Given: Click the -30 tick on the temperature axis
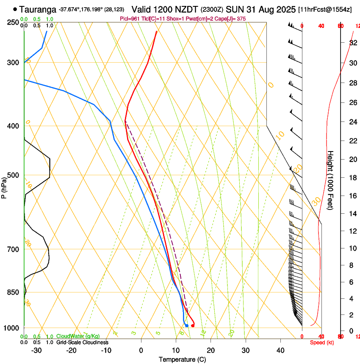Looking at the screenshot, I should pyautogui.click(x=37, y=350).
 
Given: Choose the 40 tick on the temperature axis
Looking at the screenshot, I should pyautogui.click(x=280, y=350).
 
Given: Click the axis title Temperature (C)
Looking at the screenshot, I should pyautogui.click(x=182, y=359).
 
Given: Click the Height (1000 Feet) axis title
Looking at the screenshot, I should pyautogui.click(x=330, y=180).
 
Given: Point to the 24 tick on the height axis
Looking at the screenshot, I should pyautogui.click(x=352, y=122).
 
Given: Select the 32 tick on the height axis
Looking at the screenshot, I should pyautogui.click(x=352, y=42).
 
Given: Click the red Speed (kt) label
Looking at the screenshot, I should pyautogui.click(x=322, y=342).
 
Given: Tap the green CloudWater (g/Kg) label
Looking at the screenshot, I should pyautogui.click(x=78, y=336).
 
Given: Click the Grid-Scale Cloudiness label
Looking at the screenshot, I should pyautogui.click(x=82, y=342).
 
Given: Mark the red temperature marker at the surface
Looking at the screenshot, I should pyautogui.click(x=193, y=325).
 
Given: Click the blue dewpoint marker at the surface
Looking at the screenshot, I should pyautogui.click(x=186, y=325).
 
